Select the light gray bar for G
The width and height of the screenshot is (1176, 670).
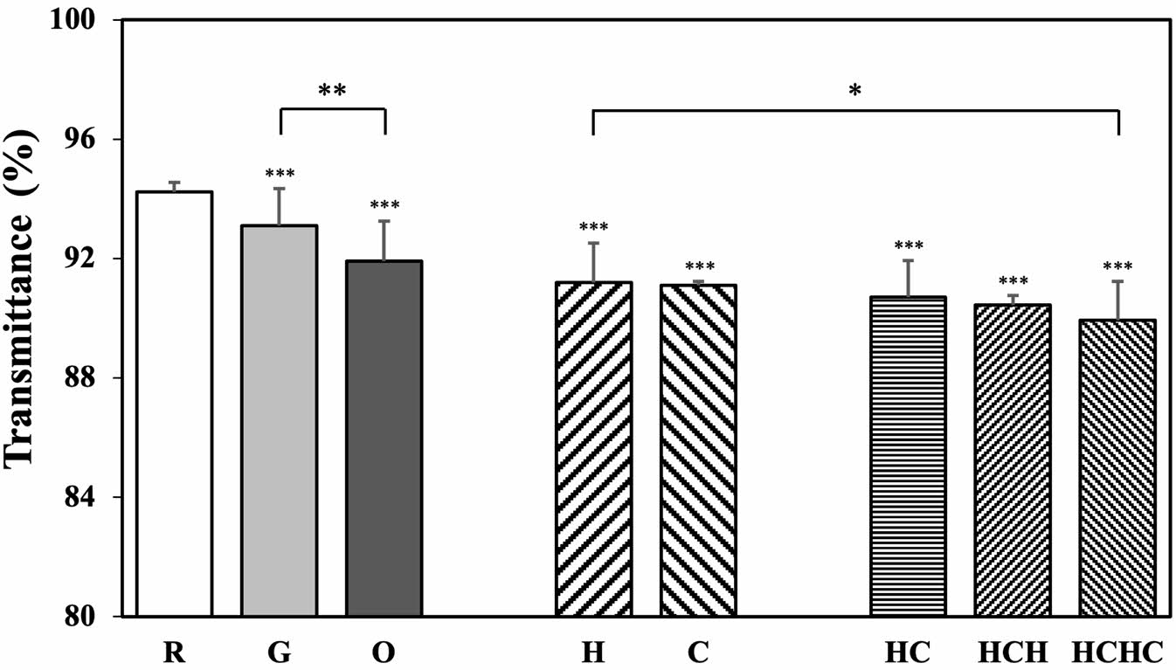click(279, 420)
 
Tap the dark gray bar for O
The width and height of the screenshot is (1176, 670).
click(384, 438)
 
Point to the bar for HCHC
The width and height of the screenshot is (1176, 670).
click(1117, 467)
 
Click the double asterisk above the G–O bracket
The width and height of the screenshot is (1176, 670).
click(332, 90)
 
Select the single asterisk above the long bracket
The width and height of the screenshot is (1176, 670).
click(854, 91)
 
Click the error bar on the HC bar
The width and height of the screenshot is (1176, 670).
click(908, 278)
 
